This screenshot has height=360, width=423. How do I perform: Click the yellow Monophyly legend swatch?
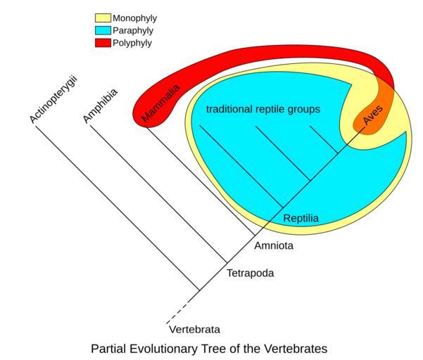[103, 18]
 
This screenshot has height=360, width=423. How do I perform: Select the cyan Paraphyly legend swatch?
[103, 30]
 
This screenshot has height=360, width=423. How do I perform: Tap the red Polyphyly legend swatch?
[103, 43]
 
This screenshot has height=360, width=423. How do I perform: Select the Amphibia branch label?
[101, 105]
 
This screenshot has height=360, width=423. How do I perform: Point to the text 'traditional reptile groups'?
[263, 110]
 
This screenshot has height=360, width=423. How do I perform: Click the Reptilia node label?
[301, 219]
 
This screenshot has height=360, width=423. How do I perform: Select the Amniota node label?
[273, 246]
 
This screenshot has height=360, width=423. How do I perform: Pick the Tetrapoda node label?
[250, 273]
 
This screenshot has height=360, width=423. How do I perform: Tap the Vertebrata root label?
[195, 329]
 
